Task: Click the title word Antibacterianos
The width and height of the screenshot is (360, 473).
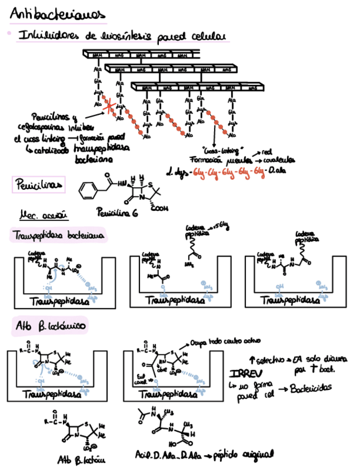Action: pos(58,14)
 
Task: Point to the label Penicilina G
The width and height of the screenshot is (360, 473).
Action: pos(118,213)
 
